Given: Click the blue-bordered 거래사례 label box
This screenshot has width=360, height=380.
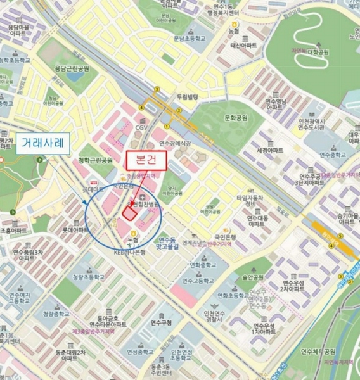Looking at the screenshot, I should (42, 142).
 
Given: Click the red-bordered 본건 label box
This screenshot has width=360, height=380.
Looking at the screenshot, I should (146, 160).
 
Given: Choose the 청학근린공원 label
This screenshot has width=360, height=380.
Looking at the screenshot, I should (96, 160).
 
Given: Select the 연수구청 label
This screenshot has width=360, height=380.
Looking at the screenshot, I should (158, 322).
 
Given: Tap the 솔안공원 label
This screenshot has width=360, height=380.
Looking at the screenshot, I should (252, 277).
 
